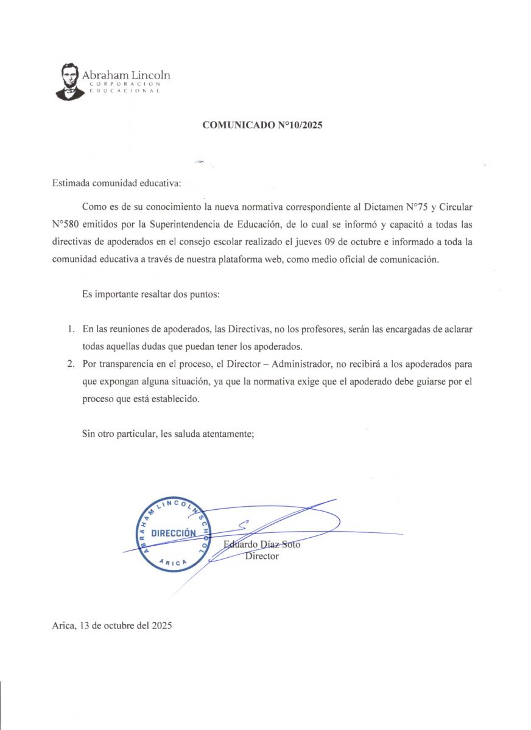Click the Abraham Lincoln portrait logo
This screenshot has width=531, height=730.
coord(69,82)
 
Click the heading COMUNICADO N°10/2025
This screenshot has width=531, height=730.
coord(262,126)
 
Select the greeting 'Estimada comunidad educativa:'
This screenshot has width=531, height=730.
coord(116,182)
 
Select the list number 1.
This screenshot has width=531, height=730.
coord(71,329)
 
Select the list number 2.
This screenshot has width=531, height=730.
coord(71,364)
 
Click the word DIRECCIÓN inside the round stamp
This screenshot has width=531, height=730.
coord(174,533)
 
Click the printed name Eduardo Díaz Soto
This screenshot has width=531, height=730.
coord(262,544)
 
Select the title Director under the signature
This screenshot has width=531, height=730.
coord(262,556)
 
